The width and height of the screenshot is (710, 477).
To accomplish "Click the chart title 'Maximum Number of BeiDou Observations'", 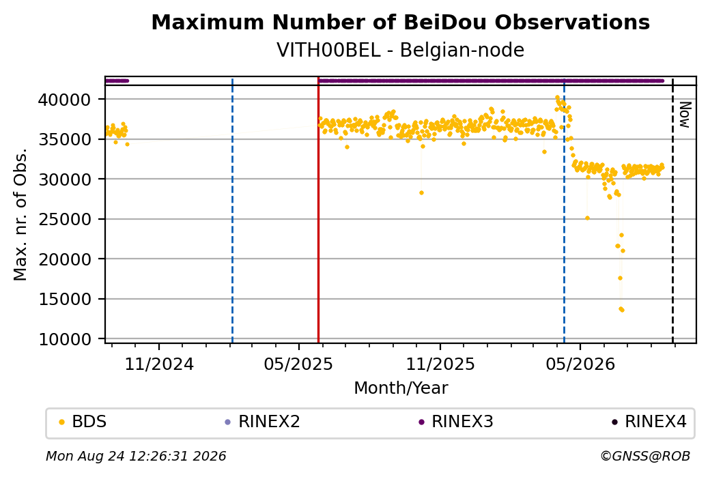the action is pyautogui.click(x=400, y=22).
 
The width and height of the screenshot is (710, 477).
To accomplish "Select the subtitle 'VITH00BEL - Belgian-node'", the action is pyautogui.click(x=400, y=50).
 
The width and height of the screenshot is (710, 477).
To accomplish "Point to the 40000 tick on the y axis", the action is pyautogui.click(x=64, y=99).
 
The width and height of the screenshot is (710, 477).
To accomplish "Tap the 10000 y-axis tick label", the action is pyautogui.click(x=64, y=339).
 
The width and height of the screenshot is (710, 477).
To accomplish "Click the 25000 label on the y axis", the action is pyautogui.click(x=64, y=219).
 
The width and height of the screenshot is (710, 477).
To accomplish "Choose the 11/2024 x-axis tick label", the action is pyautogui.click(x=159, y=364).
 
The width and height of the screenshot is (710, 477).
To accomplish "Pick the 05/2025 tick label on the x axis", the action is pyautogui.click(x=298, y=364).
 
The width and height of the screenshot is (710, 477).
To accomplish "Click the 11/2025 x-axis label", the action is pyautogui.click(x=440, y=364).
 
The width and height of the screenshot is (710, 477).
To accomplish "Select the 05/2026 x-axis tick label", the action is pyautogui.click(x=580, y=364).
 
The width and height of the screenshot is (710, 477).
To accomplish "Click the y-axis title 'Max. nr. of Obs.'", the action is pyautogui.click(x=20, y=214).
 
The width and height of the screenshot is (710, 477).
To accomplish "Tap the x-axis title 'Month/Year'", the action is pyautogui.click(x=401, y=388).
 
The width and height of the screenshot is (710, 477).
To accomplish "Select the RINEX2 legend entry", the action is pyautogui.click(x=263, y=421).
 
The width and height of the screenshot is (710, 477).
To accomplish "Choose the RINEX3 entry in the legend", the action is pyautogui.click(x=456, y=421).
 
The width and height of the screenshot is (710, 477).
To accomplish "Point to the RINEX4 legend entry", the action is pyautogui.click(x=649, y=421).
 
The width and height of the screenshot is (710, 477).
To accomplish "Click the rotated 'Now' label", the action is pyautogui.click(x=685, y=115).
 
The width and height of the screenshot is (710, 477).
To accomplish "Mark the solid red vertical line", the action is pyautogui.click(x=318, y=210).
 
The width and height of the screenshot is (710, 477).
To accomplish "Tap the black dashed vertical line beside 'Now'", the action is pyautogui.click(x=672, y=210).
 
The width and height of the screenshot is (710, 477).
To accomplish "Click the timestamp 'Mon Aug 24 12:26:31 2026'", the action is pyautogui.click(x=136, y=456).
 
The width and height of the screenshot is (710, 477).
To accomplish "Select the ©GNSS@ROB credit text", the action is pyautogui.click(x=645, y=456).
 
